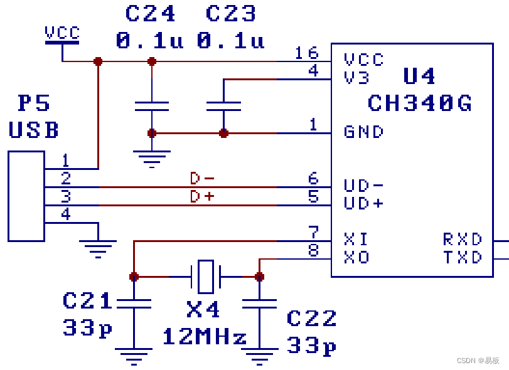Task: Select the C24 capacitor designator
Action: pos(150,13)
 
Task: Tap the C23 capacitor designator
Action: pos(230,13)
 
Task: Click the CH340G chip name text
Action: pos(419,103)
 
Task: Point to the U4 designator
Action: pos(419,77)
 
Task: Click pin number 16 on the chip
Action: pos(307,53)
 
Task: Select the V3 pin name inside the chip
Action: pos(356,78)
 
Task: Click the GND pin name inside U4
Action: pos(363,132)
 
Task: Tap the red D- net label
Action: pos(202,179)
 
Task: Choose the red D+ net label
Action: pos(202,197)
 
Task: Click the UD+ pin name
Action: pos(363,204)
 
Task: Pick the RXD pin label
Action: pos(463,240)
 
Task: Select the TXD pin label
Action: pos(463,258)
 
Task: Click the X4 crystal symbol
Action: pos(205,276)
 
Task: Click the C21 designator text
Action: pos(88,302)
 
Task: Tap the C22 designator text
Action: pos(311,319)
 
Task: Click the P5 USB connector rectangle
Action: pos(26,196)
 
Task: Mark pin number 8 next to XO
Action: pos(313,251)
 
